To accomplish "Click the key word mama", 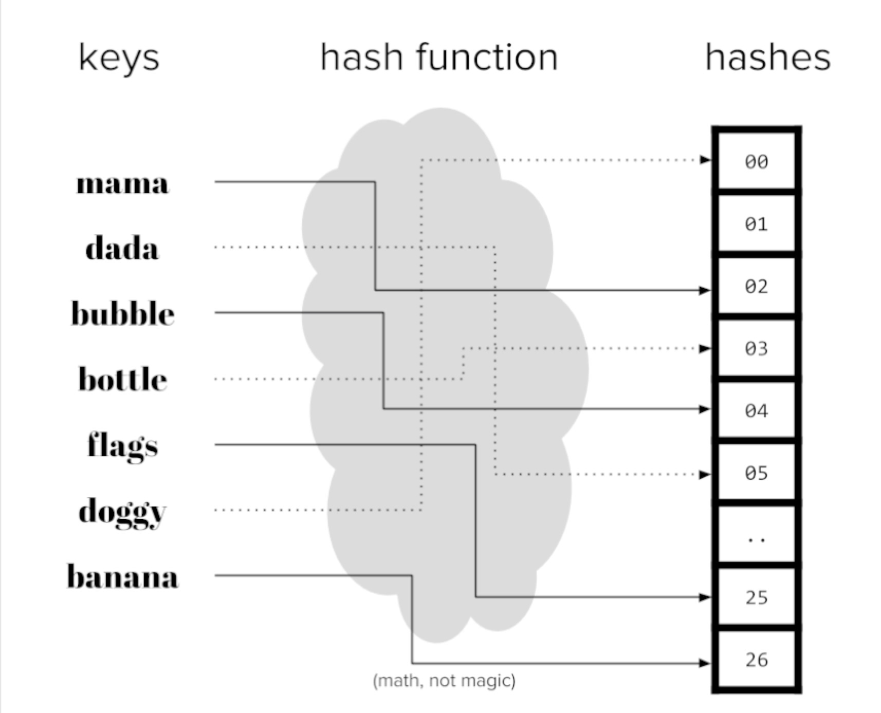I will pyautogui.click(x=122, y=184).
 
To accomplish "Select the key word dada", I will pyautogui.click(x=122, y=249).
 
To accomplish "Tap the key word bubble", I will pyautogui.click(x=122, y=313).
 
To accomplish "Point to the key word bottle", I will pyautogui.click(x=122, y=379).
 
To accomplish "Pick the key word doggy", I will pyautogui.click(x=122, y=512).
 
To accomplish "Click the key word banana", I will pyautogui.click(x=122, y=576).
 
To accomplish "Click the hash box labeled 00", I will pyautogui.click(x=756, y=162).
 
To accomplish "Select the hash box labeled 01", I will pyautogui.click(x=756, y=224).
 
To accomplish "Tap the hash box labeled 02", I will pyautogui.click(x=756, y=286).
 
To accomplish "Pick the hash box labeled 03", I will pyautogui.click(x=756, y=349).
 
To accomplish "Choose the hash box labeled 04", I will pyautogui.click(x=756, y=411).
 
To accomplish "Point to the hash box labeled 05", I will pyautogui.click(x=756, y=473).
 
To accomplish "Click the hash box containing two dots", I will pyautogui.click(x=756, y=535).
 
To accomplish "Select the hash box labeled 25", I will pyautogui.click(x=756, y=597).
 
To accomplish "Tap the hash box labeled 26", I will pyautogui.click(x=756, y=660).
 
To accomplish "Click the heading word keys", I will pyautogui.click(x=119, y=58).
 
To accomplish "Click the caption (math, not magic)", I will pyautogui.click(x=444, y=681).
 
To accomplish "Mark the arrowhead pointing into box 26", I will pyautogui.click(x=705, y=663).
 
